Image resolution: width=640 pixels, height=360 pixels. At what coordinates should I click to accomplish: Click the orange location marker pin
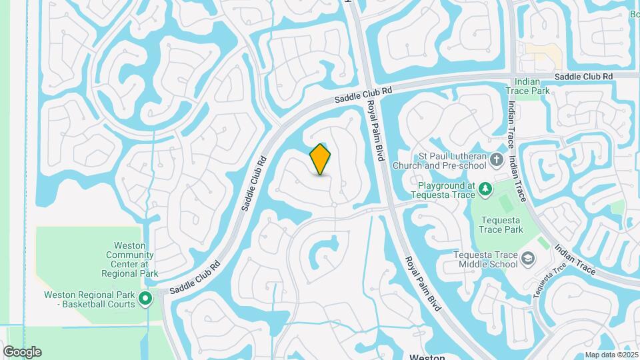tap(321, 159)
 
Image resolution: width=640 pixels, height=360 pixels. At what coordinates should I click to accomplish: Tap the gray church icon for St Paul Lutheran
tap(496, 159)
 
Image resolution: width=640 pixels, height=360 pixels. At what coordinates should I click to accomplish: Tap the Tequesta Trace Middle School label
tap(485, 259)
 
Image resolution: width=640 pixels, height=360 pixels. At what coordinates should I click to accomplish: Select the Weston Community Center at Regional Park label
tap(131, 259)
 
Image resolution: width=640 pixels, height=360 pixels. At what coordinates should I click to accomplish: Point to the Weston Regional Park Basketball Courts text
tap(89, 299)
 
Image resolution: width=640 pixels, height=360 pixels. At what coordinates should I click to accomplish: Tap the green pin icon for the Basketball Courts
tap(146, 298)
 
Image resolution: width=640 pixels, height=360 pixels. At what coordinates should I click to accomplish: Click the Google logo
tap(21, 352)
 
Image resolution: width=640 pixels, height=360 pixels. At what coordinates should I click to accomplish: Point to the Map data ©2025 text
tap(611, 355)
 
